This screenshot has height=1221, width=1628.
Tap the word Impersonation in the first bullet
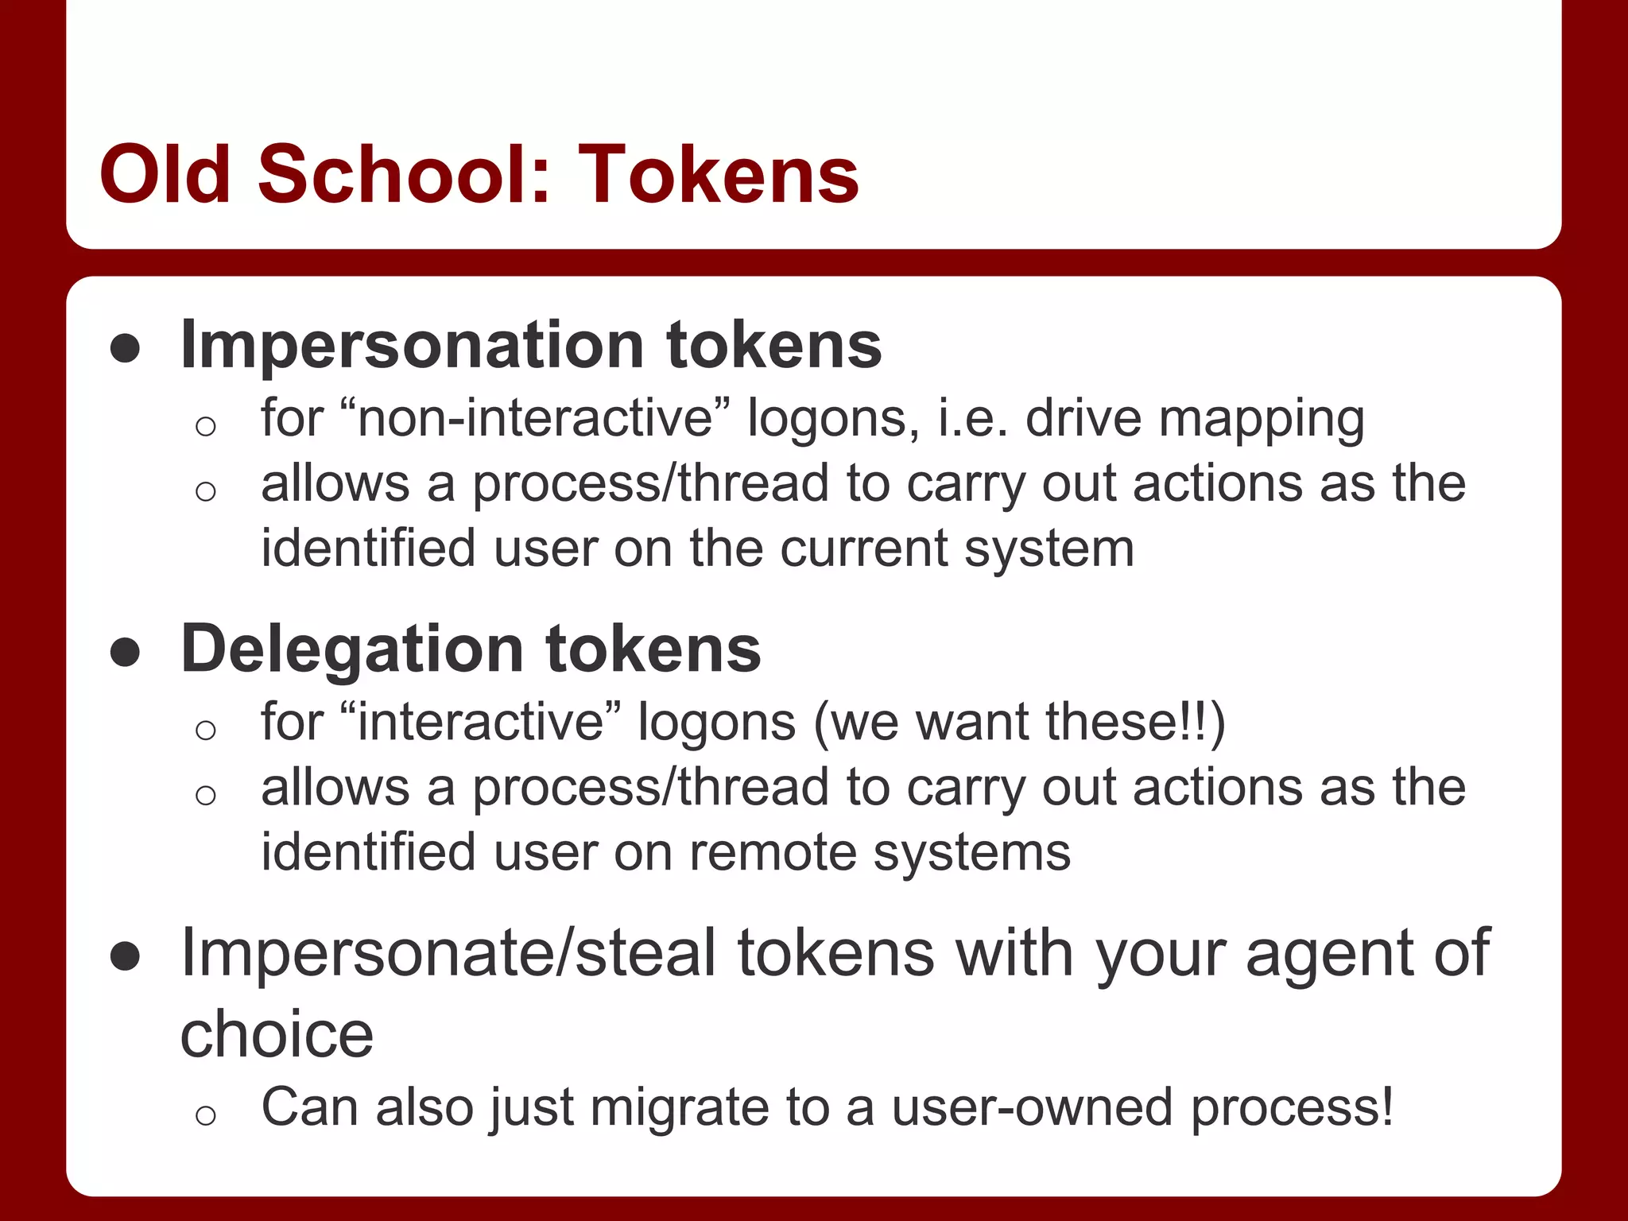point(412,345)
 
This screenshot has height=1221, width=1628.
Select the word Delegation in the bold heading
point(351,649)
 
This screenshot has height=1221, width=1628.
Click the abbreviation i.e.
point(972,418)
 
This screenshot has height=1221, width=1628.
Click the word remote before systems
point(773,853)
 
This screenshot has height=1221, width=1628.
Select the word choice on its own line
point(277,1035)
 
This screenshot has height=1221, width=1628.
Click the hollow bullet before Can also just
point(205,1115)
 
